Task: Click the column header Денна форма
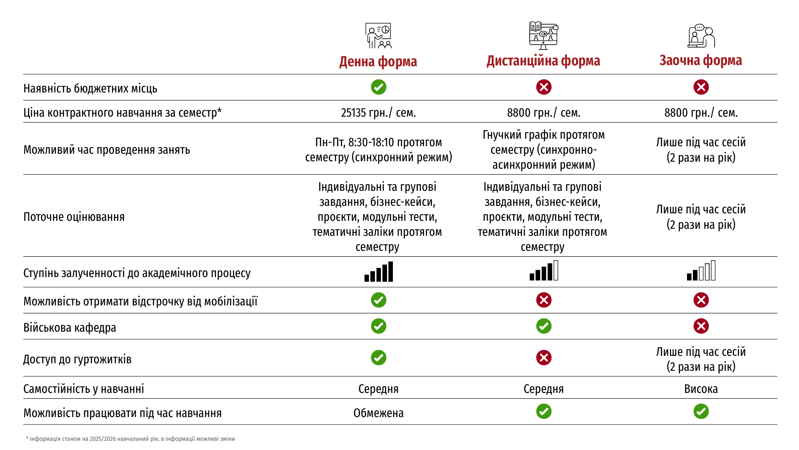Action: point(378,62)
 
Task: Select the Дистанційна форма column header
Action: point(543,61)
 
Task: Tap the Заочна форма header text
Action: point(700,60)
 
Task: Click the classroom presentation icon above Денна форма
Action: point(378,36)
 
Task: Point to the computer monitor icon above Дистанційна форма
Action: point(543,36)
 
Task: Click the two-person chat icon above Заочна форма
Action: point(701,36)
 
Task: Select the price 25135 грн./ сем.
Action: point(378,112)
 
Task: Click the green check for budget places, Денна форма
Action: point(378,87)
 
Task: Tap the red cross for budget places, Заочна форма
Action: point(701,87)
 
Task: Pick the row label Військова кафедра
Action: point(69,327)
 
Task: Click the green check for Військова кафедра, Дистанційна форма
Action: point(543,326)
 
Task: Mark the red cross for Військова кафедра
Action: point(701,326)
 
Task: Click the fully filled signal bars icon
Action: point(378,272)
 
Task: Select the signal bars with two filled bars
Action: point(701,271)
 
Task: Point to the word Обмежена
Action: point(378,413)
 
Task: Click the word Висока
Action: point(701,389)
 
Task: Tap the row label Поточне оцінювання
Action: point(74,217)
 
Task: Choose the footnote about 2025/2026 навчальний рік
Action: point(130,439)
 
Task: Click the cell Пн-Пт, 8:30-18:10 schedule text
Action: point(378,150)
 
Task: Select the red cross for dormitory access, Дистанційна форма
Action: point(543,357)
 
